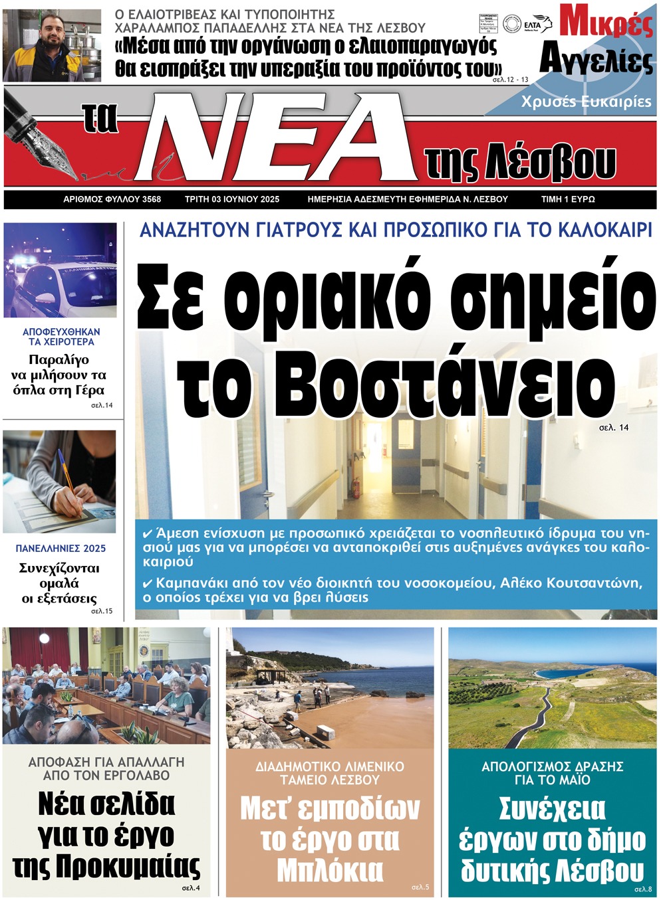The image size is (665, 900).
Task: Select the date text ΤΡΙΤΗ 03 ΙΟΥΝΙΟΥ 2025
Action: coord(232,199)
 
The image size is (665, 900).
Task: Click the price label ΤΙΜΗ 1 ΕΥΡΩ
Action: coord(568,199)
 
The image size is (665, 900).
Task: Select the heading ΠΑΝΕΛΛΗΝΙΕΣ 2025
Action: coord(61,549)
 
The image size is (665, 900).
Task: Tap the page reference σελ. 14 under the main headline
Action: coord(614,428)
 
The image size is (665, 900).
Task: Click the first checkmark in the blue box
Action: coord(148,533)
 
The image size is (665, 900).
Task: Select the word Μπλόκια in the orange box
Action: coord(330,870)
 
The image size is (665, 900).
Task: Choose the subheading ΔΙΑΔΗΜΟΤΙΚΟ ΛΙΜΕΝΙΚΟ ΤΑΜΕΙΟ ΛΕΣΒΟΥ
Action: coord(330,773)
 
